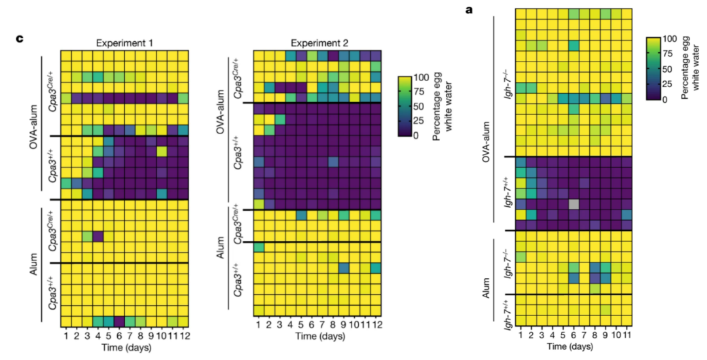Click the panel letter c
coord(20,39)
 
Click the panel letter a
coord(469,10)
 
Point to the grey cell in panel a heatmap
coord(573,204)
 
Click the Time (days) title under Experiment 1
coord(124,347)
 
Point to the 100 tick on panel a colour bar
coord(674,39)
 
